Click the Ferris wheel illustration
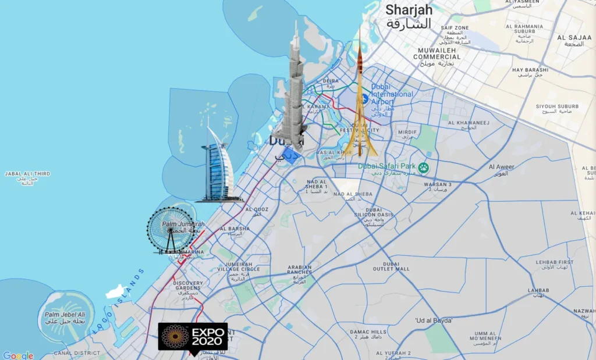[x=171, y=230]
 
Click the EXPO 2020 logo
[x=193, y=336]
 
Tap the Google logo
[x=18, y=355]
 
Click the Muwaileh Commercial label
[x=437, y=54]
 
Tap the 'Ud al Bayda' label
[x=434, y=320]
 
